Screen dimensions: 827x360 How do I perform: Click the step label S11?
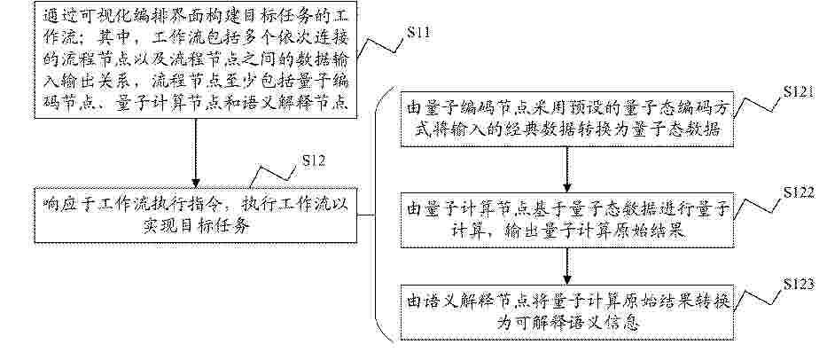tap(418, 33)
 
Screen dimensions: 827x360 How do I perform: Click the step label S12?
tap(313, 160)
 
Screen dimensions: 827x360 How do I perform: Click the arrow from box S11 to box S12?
tap(196, 153)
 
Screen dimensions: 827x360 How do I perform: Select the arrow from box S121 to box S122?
tap(567, 169)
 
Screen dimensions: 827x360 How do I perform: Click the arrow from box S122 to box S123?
tap(567, 266)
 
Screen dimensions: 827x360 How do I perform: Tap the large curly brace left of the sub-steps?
tap(376, 215)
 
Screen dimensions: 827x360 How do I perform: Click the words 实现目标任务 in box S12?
tap(195, 225)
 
